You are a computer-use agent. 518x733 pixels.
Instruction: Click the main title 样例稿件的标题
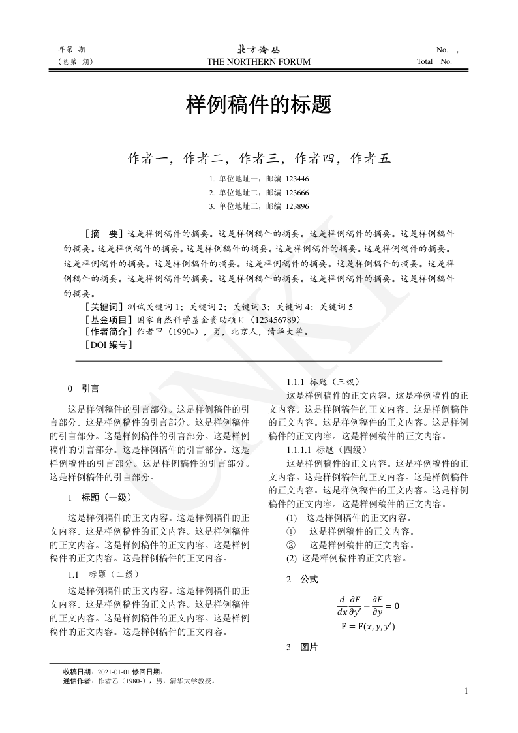click(x=259, y=104)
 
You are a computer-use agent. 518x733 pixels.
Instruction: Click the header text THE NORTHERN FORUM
click(x=259, y=62)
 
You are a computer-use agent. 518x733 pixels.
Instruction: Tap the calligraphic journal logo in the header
click(x=259, y=49)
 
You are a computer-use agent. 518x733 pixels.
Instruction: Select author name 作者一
click(x=148, y=158)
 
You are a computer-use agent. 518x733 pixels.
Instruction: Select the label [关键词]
click(x=104, y=306)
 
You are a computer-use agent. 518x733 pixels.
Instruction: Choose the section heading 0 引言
click(x=84, y=389)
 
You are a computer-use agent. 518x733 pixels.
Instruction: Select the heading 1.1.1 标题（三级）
click(x=323, y=382)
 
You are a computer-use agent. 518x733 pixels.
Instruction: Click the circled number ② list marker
click(x=292, y=544)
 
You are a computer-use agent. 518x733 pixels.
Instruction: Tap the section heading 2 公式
click(x=303, y=579)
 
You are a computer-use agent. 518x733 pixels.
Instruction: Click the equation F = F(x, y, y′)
click(x=369, y=627)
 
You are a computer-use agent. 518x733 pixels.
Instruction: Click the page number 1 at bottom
click(x=466, y=691)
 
